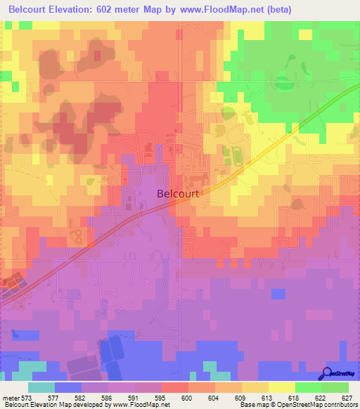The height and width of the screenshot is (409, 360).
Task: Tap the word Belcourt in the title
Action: (x=33, y=10)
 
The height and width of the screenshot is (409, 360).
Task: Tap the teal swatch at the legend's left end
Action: (x=41, y=387)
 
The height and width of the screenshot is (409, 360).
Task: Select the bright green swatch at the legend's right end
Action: (x=336, y=387)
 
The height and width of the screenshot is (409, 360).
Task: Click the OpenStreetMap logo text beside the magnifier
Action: (x=345, y=375)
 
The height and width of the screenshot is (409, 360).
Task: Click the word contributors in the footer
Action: (x=340, y=405)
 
